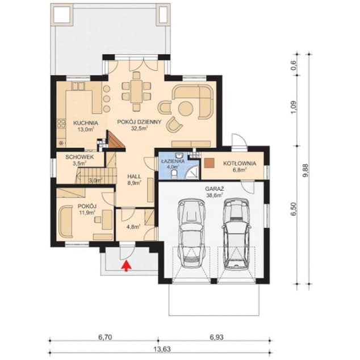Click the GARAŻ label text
(x=214, y=187)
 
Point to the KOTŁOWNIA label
(x=239, y=163)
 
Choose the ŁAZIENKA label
(x=172, y=160)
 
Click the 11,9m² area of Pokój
(x=86, y=213)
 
